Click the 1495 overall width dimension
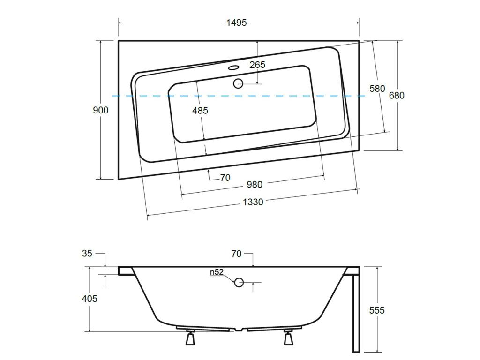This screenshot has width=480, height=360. click(x=236, y=22)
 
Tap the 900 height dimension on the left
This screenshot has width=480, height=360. click(x=101, y=110)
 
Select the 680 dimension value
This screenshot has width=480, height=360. click(x=397, y=96)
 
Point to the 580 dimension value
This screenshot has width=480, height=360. click(x=377, y=89)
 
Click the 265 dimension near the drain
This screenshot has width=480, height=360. click(x=257, y=65)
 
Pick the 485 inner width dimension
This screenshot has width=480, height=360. click(x=200, y=110)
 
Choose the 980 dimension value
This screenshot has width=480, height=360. click(x=255, y=184)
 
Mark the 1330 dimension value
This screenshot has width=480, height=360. click(x=253, y=202)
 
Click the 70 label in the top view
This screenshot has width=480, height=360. click(x=225, y=178)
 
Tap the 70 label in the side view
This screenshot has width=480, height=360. click(x=236, y=254)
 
